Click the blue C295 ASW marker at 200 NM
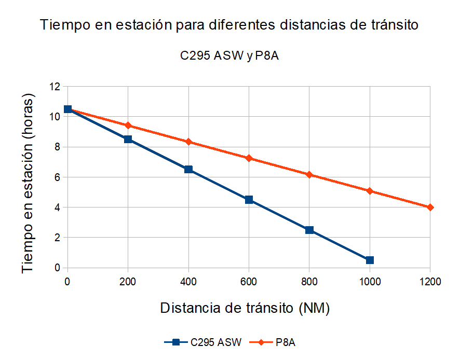(128, 139)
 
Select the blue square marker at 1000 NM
(370, 260)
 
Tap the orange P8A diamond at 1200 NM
(430, 207)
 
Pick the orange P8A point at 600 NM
(249, 158)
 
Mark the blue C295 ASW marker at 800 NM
(309, 230)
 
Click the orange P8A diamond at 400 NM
(188, 142)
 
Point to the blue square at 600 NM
(249, 200)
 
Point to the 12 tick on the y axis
(55, 87)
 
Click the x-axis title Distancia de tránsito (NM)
(245, 308)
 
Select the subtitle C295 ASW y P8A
(229, 56)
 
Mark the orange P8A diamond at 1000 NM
(370, 191)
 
